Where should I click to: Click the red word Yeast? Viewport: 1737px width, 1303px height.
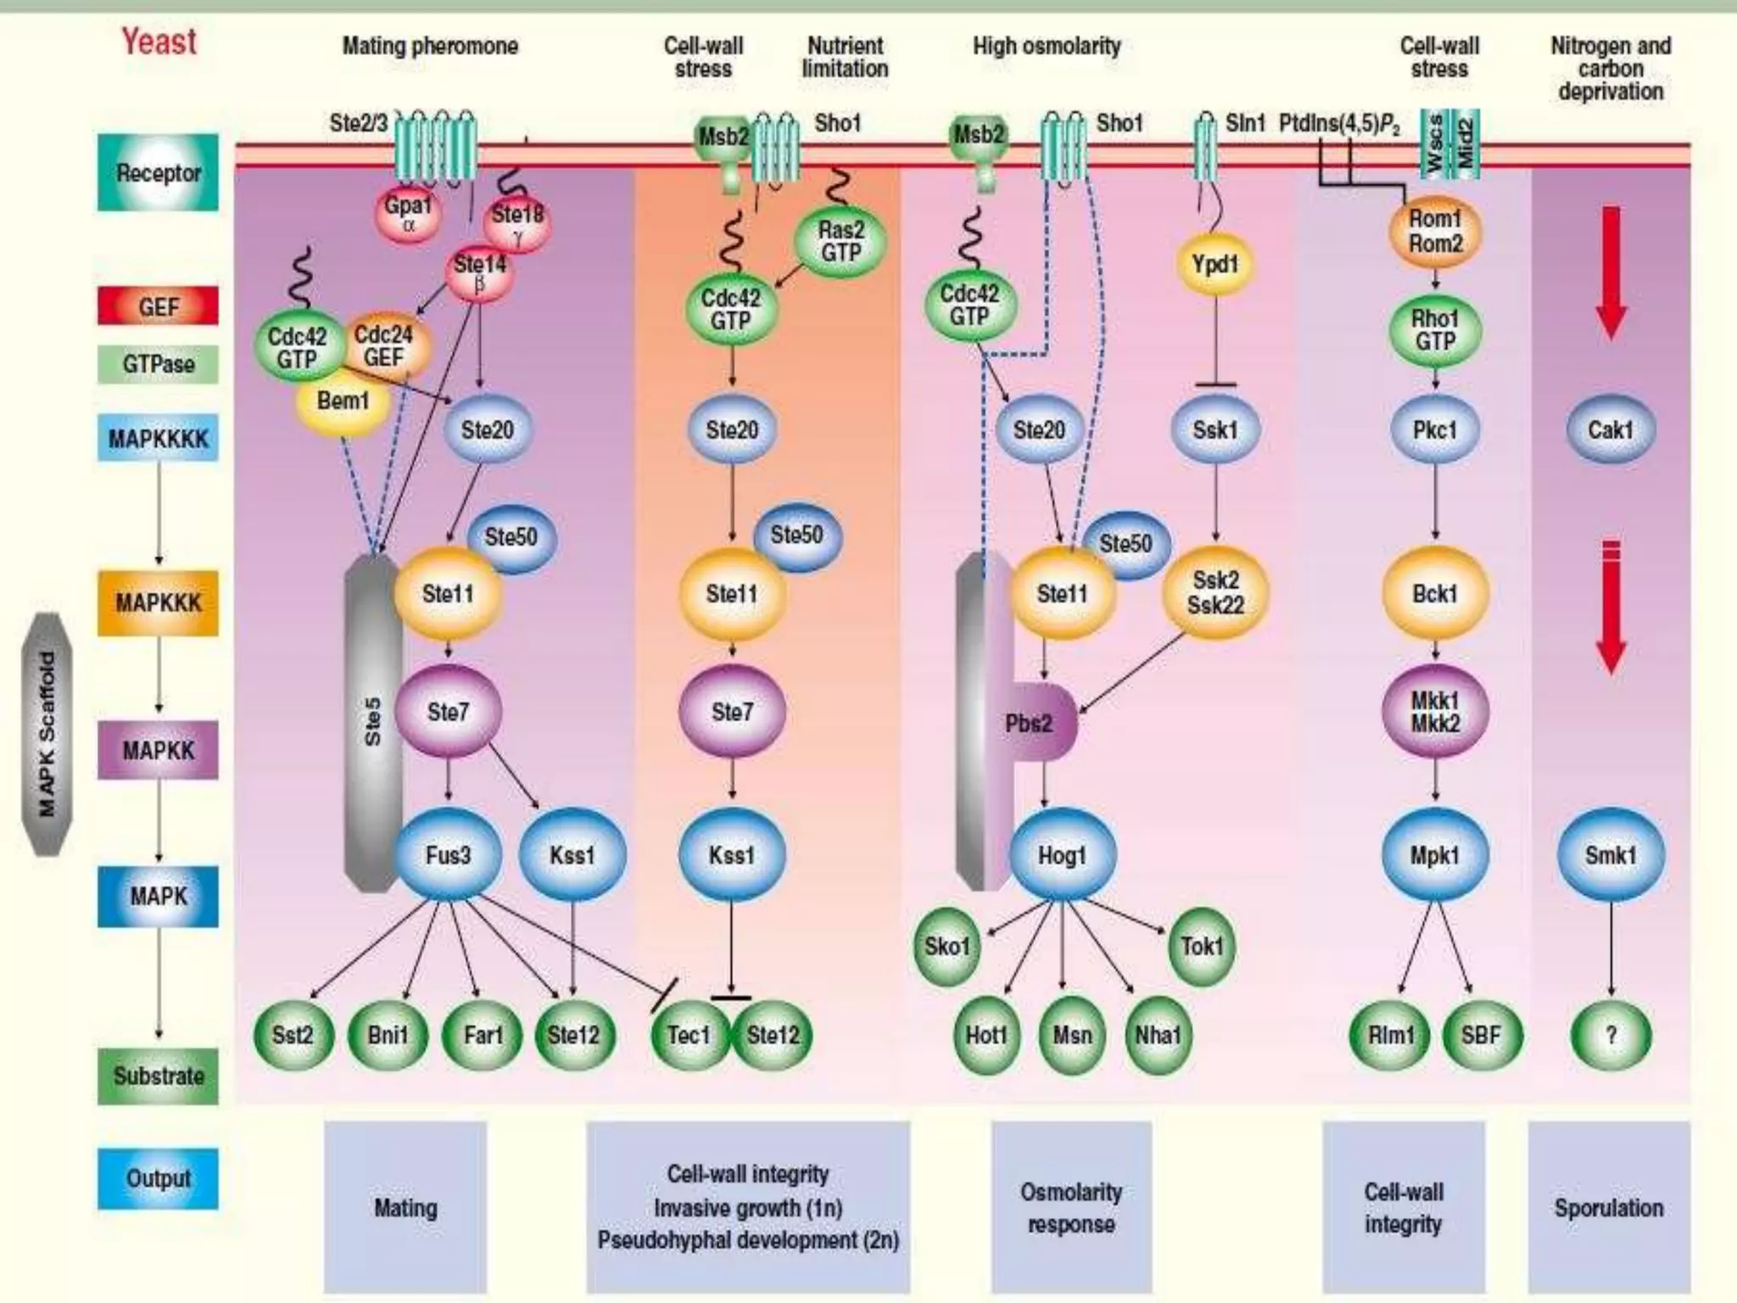click(x=159, y=42)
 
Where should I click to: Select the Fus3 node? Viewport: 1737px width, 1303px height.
click(x=448, y=854)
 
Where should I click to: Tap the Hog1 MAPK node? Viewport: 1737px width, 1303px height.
click(x=1062, y=854)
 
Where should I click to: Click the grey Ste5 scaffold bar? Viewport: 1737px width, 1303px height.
click(x=371, y=721)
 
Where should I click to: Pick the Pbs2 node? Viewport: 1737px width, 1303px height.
click(x=1030, y=724)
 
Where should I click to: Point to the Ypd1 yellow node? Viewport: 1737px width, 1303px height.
click(x=1215, y=264)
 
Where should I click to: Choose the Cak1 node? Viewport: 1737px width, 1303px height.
click(x=1610, y=430)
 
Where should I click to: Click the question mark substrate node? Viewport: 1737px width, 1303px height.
click(x=1610, y=1035)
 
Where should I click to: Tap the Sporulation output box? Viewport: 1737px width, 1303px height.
click(x=1608, y=1207)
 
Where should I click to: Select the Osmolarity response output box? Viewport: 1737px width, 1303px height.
click(x=1070, y=1207)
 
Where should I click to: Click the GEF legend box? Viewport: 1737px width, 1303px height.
click(x=158, y=306)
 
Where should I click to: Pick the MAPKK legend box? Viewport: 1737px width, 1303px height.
click(x=158, y=751)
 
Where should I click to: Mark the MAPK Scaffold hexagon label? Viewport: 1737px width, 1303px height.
click(x=47, y=734)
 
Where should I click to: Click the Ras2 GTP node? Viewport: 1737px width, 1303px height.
click(x=840, y=242)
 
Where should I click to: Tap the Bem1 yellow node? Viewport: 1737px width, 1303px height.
click(x=342, y=400)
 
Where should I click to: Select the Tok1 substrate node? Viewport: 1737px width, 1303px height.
click(x=1202, y=946)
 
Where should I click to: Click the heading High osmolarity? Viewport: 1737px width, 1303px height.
click(x=1046, y=46)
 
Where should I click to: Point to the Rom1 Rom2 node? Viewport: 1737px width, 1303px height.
click(x=1435, y=231)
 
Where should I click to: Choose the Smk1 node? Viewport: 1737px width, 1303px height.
click(x=1610, y=854)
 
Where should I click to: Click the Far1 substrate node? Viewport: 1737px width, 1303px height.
click(x=483, y=1035)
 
